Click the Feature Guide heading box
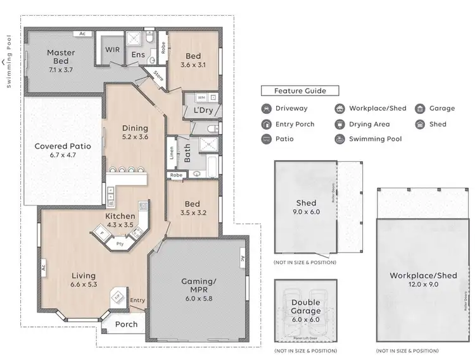coord(300,91)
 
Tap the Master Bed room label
coord(61,57)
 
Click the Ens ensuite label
coord(138,56)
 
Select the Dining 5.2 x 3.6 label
coord(134,133)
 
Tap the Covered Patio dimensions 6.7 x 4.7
coord(63,155)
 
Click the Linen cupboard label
coord(172,153)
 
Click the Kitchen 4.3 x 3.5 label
coord(120,220)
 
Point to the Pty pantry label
coord(119,242)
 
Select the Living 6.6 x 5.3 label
coord(84,280)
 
